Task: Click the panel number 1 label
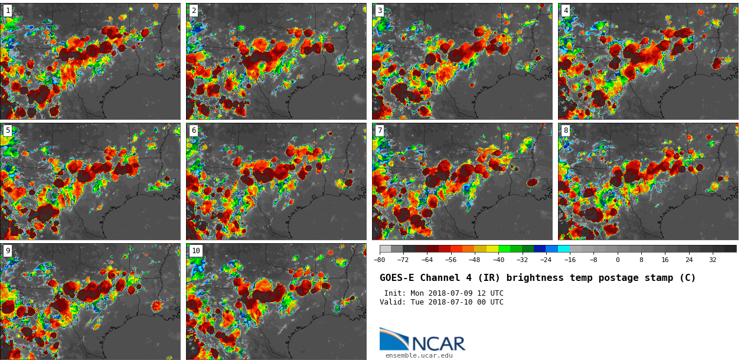8,11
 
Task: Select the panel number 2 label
194,11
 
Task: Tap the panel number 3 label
380,11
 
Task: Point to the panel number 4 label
566,11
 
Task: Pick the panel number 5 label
8,130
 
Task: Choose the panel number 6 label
194,130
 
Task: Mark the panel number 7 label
380,130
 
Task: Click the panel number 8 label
566,130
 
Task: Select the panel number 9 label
8,251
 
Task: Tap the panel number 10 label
195,251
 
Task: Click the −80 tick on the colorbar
380,260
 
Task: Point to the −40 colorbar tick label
498,260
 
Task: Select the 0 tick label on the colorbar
618,260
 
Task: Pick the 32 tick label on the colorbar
713,260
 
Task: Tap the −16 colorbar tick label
570,260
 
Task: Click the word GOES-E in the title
397,278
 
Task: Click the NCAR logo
422,341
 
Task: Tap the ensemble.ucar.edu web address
419,355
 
